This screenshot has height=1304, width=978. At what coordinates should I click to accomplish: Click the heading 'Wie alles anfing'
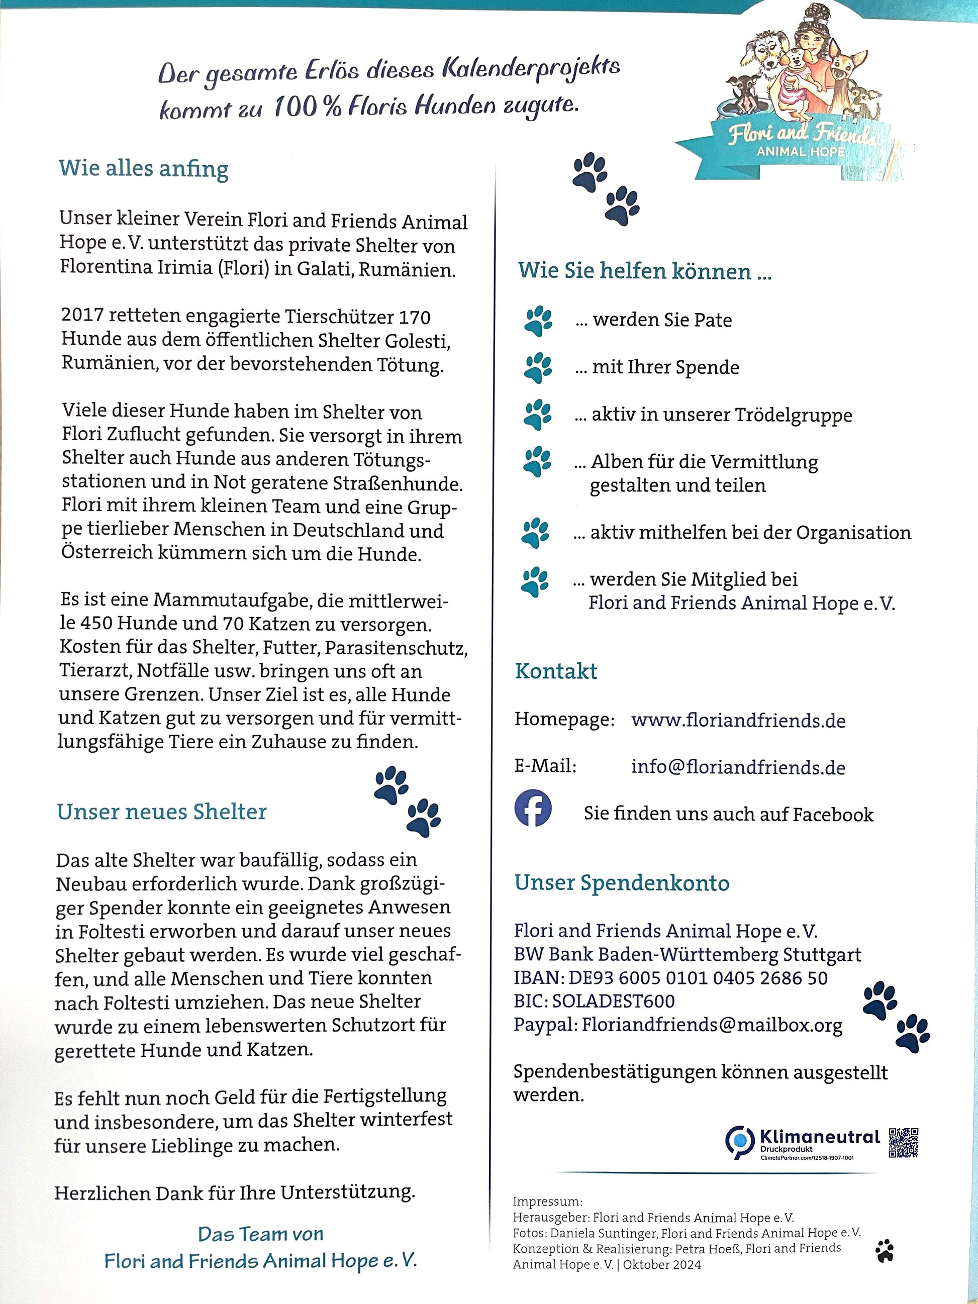coord(143,169)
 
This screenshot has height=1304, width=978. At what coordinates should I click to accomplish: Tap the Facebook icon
coord(533,808)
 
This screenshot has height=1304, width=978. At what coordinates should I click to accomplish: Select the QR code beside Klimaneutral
coord(903,1143)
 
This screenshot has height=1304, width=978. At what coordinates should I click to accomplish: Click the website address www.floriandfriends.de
coord(738,721)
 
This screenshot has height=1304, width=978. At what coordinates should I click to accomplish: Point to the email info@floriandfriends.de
coord(738,767)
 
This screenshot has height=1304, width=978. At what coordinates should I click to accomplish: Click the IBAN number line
coord(670,978)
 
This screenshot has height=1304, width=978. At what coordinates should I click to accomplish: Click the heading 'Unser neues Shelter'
coord(161,812)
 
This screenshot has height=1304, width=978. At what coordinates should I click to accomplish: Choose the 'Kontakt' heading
coord(556,671)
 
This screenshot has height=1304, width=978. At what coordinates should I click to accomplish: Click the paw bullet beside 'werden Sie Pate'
coord(538,321)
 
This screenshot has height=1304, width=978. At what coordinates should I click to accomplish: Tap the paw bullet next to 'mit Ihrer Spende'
coord(538,368)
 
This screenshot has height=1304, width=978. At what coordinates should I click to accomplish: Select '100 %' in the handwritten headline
coord(307,107)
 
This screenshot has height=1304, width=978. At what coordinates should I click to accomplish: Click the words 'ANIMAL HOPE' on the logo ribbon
coord(801,151)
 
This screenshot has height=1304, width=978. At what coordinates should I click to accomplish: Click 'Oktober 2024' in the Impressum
coord(662,1264)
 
